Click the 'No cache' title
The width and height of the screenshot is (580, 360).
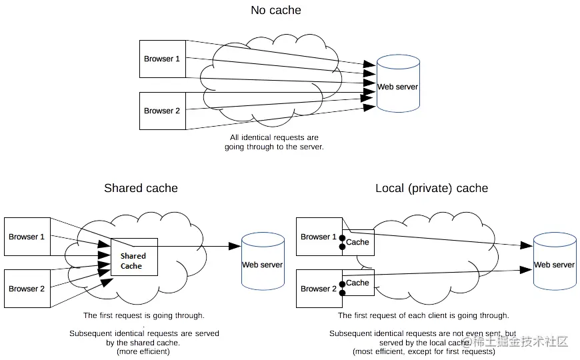[275, 10]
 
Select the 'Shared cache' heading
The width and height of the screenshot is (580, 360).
[141, 188]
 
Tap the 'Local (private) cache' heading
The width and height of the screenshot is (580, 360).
[431, 188]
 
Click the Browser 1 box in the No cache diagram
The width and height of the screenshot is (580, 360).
[162, 59]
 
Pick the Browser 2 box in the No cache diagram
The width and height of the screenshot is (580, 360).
[162, 111]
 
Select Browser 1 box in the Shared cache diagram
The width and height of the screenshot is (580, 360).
[27, 237]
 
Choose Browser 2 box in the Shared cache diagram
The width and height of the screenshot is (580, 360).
[27, 289]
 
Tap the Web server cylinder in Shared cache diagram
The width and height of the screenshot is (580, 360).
[263, 261]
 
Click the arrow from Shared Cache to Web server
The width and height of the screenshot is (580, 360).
[200, 246]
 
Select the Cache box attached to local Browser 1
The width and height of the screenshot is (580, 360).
[358, 241]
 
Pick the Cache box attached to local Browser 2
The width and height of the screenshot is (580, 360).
[358, 283]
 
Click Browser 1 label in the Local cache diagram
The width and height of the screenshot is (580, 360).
[319, 237]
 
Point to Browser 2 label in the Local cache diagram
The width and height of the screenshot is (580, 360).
[319, 289]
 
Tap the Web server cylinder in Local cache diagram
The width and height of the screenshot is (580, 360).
[554, 261]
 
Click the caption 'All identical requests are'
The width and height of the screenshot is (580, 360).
[274, 138]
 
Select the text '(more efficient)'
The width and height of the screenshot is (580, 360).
[144, 351]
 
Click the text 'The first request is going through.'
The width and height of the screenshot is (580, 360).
[144, 315]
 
